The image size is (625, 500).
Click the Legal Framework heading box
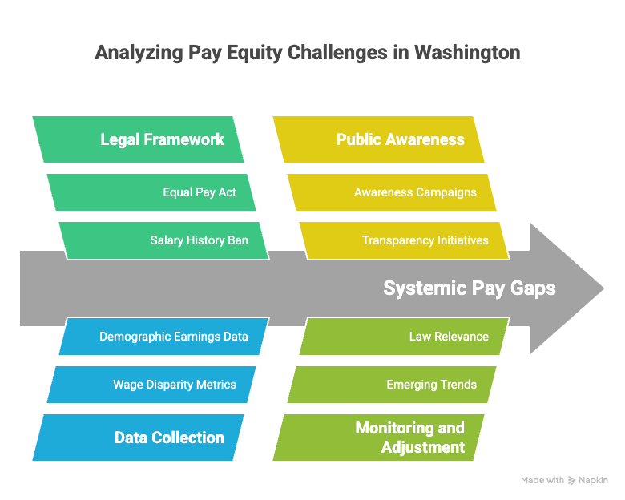139,139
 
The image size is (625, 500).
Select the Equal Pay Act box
151,192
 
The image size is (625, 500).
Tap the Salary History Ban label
199,240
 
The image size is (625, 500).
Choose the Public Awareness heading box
379,139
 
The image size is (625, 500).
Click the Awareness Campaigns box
392,192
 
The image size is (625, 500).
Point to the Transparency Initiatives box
404,241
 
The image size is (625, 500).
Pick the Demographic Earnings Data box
164,336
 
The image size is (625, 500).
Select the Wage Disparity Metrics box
151,385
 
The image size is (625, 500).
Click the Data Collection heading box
139,437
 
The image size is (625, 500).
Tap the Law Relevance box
405,336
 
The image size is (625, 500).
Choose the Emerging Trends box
392,385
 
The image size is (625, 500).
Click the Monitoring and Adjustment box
379,437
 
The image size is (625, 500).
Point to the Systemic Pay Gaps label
469,288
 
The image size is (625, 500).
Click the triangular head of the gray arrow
566,288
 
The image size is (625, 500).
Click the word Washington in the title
467,53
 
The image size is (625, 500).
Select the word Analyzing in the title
139,53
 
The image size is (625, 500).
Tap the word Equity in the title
254,53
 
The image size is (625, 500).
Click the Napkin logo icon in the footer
571,481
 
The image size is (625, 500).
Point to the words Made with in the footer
542,480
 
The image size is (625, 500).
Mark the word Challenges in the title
337,53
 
